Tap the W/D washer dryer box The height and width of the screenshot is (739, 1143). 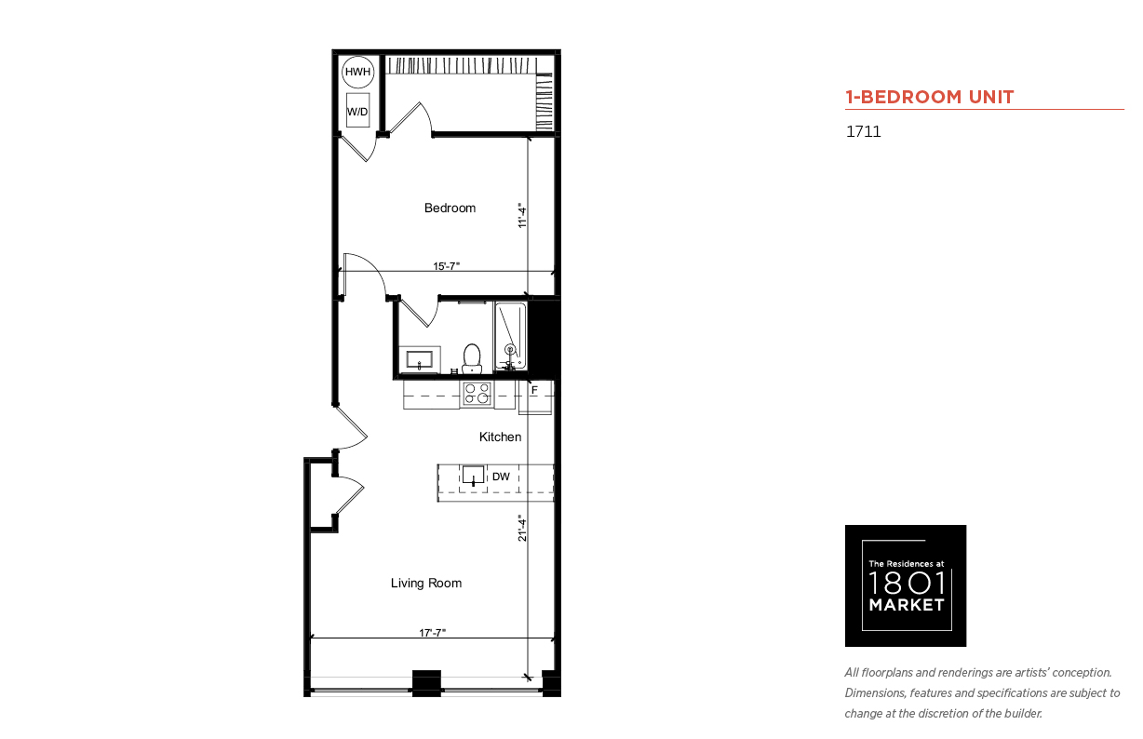pos(357,110)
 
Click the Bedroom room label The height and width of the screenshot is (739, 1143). pos(450,208)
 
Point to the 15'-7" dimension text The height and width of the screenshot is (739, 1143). pos(447,266)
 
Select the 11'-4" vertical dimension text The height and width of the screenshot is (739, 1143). pos(521,215)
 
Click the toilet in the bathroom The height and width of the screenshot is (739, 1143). pos(472,358)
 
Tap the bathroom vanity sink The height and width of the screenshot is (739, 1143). pos(420,359)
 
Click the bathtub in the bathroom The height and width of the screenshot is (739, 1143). pos(510,336)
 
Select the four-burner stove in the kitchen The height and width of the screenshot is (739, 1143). pos(477,394)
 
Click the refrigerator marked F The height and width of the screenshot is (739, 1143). pos(535,396)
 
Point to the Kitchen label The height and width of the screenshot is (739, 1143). pos(500,437)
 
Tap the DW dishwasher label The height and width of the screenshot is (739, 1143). pos(501,477)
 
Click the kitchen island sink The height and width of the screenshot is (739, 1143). pos(473,475)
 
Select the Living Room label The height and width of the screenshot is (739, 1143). pos(426,583)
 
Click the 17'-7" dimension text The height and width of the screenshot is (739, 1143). pos(433,633)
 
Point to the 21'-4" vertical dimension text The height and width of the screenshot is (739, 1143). pos(521,528)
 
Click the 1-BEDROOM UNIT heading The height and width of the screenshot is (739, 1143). pos(930,97)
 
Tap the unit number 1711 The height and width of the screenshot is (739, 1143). pos(864,131)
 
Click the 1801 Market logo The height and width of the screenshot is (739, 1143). pos(906,585)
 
